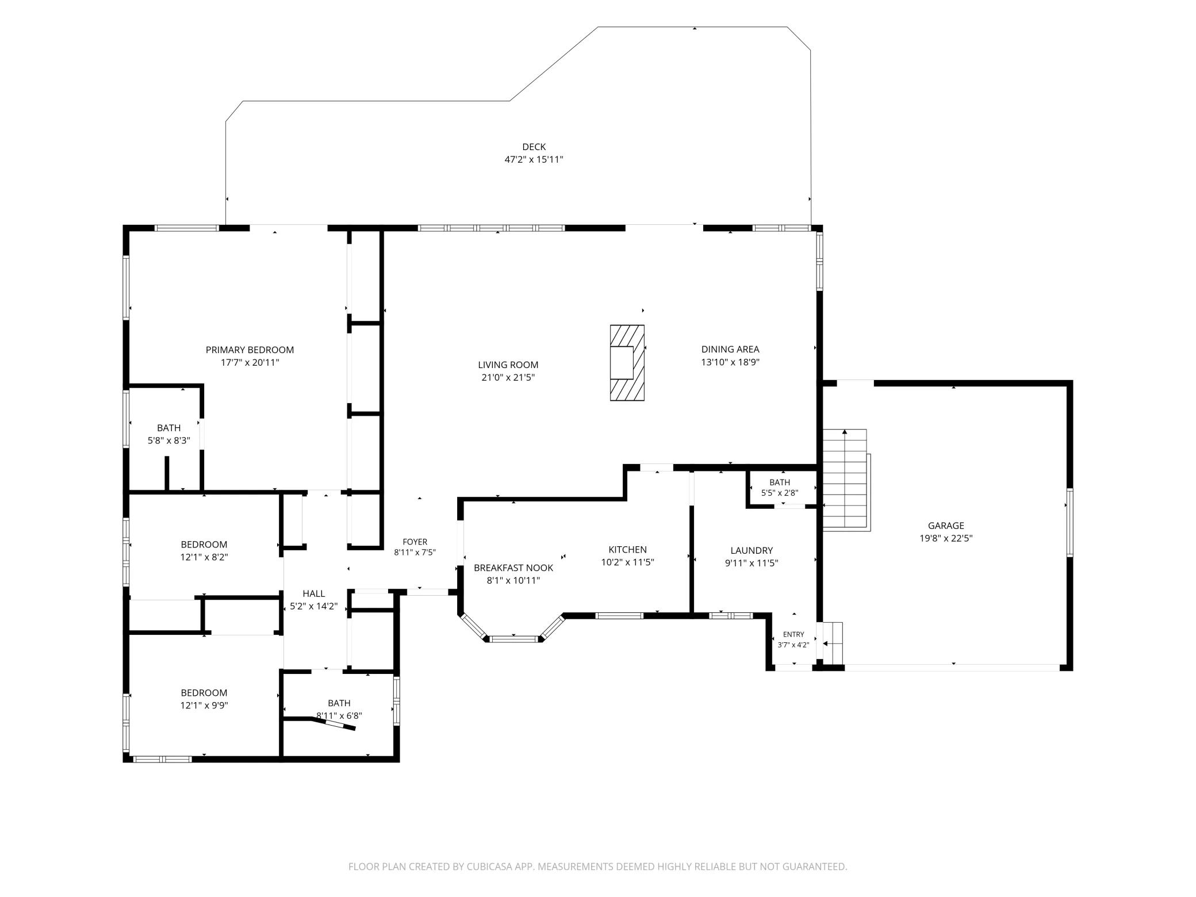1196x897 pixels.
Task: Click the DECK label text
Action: coord(534,147)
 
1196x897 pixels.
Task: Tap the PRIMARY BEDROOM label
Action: coord(250,350)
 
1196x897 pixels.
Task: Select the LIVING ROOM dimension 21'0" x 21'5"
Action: coord(508,378)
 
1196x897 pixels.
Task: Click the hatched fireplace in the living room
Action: coord(627,363)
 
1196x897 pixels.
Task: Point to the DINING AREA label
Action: coord(730,349)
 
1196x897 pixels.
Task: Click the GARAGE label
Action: coord(946,526)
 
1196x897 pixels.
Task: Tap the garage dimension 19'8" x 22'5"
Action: coord(946,539)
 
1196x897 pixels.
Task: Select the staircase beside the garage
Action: coord(845,478)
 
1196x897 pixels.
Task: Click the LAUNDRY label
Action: coord(752,550)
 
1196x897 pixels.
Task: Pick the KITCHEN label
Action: coord(628,550)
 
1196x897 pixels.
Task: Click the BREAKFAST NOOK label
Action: coord(513,568)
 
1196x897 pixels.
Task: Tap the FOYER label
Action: coord(415,542)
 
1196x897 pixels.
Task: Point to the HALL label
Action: coord(314,593)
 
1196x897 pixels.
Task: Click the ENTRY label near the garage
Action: coord(793,634)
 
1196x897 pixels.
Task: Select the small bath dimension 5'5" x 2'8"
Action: coord(780,493)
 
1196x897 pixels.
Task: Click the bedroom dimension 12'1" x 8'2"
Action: coord(204,557)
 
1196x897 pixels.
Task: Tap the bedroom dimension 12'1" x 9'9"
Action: coord(204,706)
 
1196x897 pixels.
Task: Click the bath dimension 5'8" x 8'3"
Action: coord(169,441)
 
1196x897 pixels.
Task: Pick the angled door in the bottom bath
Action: coord(333,724)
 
